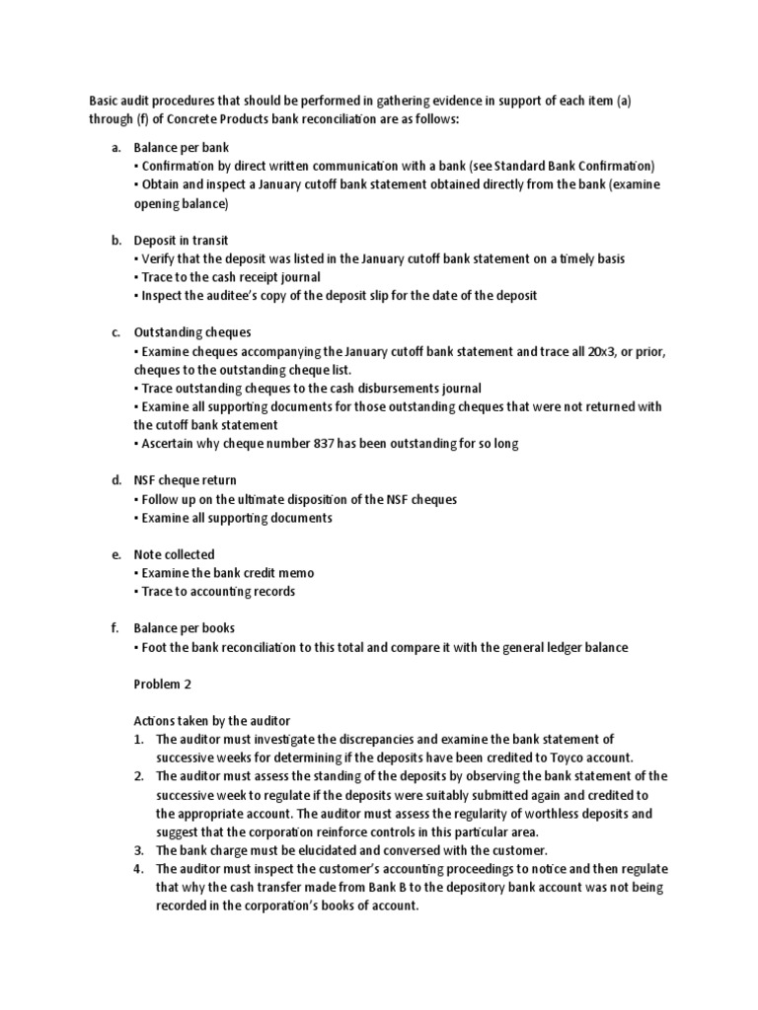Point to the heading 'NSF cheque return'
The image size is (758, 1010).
tap(185, 480)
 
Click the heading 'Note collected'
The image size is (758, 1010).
tap(174, 554)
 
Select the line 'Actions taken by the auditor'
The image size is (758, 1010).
tap(211, 721)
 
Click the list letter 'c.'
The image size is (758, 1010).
tap(115, 332)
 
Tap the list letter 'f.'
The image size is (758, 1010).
tap(115, 628)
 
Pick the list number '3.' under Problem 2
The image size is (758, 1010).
tap(139, 850)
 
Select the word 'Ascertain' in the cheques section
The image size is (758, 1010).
tap(170, 444)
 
